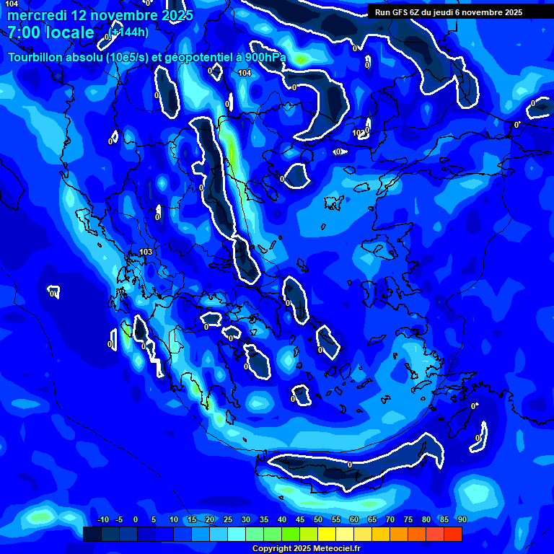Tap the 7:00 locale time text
click(51, 32)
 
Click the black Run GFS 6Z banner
click(449, 12)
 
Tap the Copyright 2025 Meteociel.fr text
click(306, 549)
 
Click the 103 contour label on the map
click(146, 252)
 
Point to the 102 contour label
click(359, 133)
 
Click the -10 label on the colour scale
click(102, 520)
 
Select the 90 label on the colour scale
click(462, 520)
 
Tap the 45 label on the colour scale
click(300, 520)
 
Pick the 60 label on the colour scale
click(353, 520)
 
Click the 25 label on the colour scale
click(228, 520)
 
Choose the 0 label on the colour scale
click(136, 520)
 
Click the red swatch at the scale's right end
click(452, 534)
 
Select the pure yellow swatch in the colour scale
click(327, 534)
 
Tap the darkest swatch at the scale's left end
click(92, 534)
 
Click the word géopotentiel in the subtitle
click(190, 57)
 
